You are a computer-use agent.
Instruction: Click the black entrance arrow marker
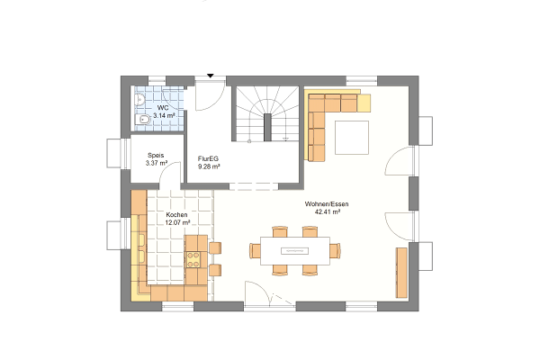coord(210,76)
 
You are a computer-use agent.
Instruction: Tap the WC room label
coord(163,108)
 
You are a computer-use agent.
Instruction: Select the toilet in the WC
coord(142,120)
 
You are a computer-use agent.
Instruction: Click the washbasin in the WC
coord(139,99)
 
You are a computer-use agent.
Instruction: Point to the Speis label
coord(156,156)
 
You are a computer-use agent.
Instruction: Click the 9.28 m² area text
coord(209,166)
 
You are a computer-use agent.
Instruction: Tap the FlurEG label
coord(208,158)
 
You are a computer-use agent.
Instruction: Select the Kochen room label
coord(176,214)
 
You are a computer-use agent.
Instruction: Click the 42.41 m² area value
coord(328,211)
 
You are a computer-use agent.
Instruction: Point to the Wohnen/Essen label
coord(327,204)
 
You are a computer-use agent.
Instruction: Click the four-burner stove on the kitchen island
coord(193,260)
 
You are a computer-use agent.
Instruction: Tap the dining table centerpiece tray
coord(295,251)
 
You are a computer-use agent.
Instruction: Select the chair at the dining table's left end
coord(256,251)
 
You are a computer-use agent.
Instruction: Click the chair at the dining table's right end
coord(335,251)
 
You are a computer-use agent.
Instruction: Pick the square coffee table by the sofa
coord(352,138)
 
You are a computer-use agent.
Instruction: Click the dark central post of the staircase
coord(267,127)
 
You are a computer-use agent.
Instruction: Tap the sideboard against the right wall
coord(401,272)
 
